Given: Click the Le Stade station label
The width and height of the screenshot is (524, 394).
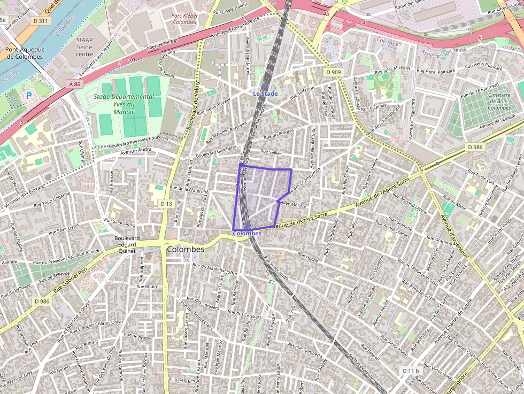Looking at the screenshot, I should pos(265,94).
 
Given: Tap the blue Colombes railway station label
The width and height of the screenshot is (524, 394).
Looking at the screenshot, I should pos(247,234).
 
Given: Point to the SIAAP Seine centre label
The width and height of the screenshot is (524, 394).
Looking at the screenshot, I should pos(84,47).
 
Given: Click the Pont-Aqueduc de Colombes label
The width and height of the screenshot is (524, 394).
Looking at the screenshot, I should pos(24,53).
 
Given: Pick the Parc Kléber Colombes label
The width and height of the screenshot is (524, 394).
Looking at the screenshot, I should pos(184,19).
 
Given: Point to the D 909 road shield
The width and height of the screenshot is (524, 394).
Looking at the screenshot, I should pos(333,72).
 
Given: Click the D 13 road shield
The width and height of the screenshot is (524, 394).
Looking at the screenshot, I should pos(166,204).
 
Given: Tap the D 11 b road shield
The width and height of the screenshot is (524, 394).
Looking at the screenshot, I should pos(411,370).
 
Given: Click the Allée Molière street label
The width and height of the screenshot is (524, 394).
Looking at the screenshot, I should pos(293,205).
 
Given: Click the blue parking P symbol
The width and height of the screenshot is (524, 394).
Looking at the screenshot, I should pos(29,96).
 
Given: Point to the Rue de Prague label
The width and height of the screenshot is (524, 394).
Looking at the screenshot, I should pos(140,338).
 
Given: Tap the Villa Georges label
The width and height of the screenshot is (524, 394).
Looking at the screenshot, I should pos(182,380).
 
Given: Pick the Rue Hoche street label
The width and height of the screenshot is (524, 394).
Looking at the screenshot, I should pos(306,257).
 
